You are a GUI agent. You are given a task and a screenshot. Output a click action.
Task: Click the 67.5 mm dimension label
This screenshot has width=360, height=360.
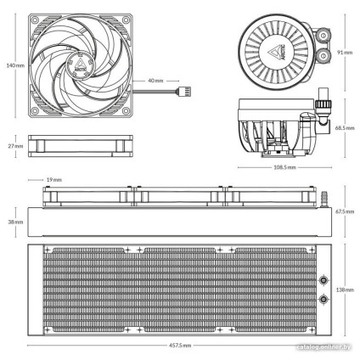(344, 210)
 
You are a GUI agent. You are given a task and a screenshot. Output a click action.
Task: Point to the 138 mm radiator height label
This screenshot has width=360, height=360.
(344, 289)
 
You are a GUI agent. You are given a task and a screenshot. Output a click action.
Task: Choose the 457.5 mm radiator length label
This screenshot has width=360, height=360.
(180, 346)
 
